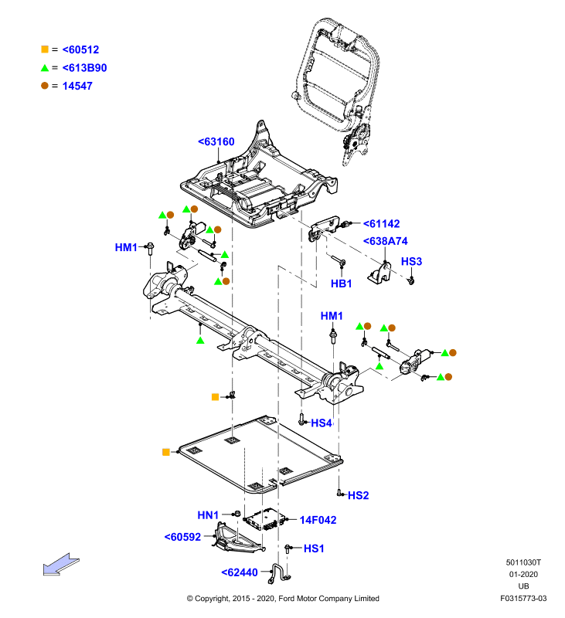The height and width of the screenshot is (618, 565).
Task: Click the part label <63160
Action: pos(216,141)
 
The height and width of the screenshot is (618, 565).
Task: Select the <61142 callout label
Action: pos(381,224)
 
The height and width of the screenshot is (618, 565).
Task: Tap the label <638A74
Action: pos(385,241)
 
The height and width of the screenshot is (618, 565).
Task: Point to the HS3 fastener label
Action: pos(411,261)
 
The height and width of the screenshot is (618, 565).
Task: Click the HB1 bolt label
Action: pos(341,284)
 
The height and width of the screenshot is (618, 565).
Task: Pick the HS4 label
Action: pos(322,423)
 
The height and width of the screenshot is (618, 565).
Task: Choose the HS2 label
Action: pos(358,495)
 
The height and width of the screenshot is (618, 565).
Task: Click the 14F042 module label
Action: pos(318,520)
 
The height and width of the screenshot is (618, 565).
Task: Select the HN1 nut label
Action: pos(208,515)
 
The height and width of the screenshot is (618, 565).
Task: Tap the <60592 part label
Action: pos(182,537)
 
